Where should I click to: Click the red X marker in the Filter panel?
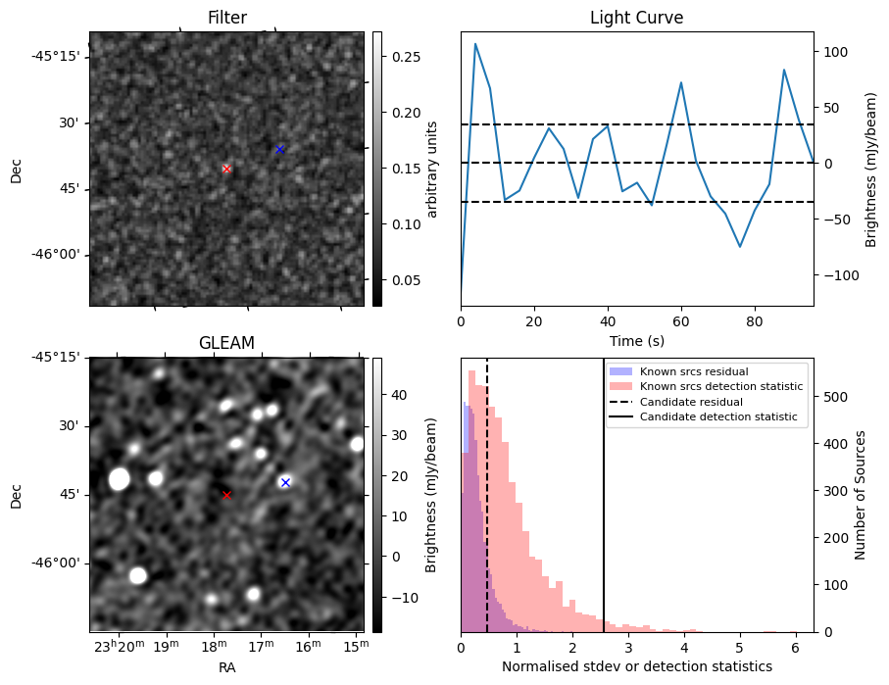pyautogui.click(x=226, y=169)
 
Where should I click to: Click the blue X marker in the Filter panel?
pyautogui.click(x=279, y=149)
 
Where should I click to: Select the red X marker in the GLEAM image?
pyautogui.click(x=226, y=495)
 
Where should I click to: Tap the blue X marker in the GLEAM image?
pyautogui.click(x=285, y=482)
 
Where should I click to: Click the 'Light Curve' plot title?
pyautogui.click(x=636, y=18)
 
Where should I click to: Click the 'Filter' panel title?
pyautogui.click(x=227, y=18)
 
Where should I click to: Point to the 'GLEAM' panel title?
pyautogui.click(x=226, y=343)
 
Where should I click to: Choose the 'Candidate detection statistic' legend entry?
pyautogui.click(x=717, y=417)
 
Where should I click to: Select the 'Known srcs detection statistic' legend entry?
pyautogui.click(x=720, y=387)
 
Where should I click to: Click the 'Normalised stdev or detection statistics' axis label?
pyautogui.click(x=636, y=666)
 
